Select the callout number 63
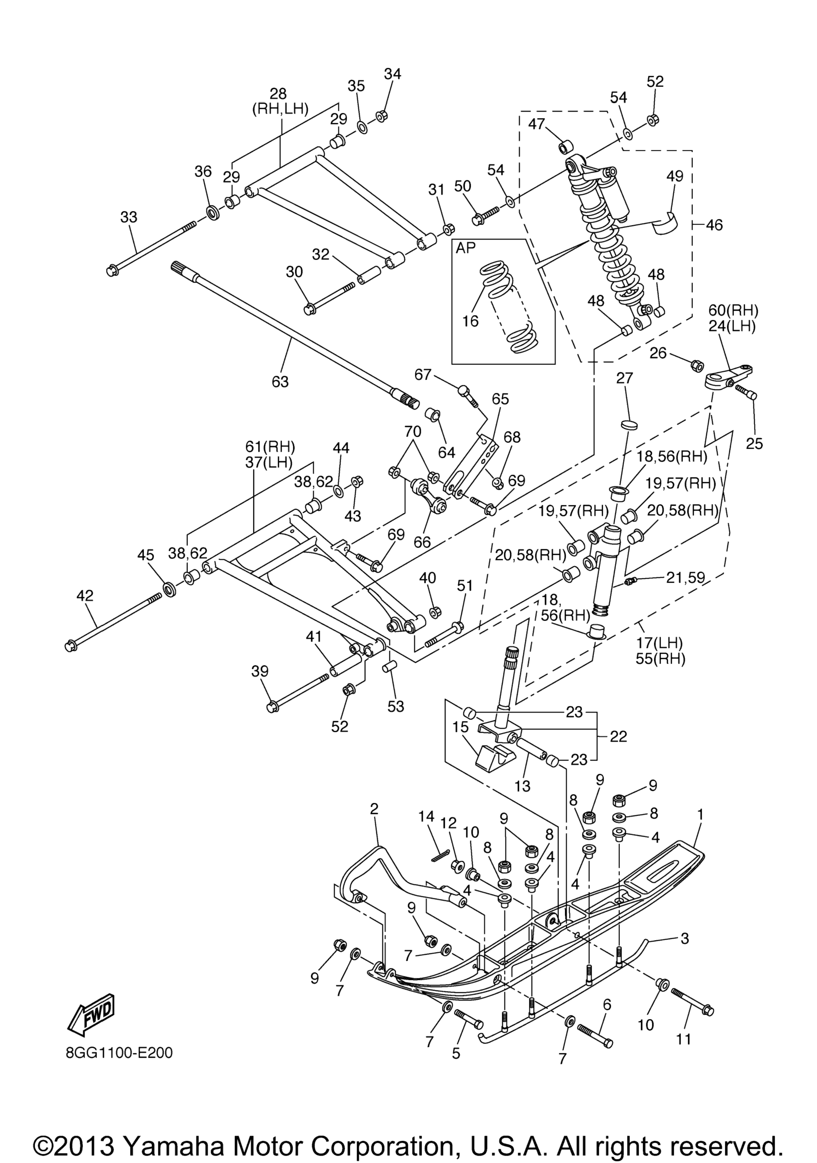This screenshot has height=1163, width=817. pyautogui.click(x=280, y=381)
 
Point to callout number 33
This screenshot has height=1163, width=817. pyautogui.click(x=128, y=217)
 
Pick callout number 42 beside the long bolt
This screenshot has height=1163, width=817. pyautogui.click(x=85, y=596)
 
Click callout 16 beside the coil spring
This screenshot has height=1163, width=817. pyautogui.click(x=471, y=321)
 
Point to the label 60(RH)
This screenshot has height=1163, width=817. pyautogui.click(x=733, y=310)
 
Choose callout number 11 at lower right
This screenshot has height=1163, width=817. pyautogui.click(x=683, y=1039)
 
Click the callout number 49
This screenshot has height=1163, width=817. pyautogui.click(x=675, y=176)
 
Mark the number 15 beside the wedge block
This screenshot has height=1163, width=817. pyautogui.click(x=461, y=727)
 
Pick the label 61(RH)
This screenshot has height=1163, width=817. pyautogui.click(x=270, y=447)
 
